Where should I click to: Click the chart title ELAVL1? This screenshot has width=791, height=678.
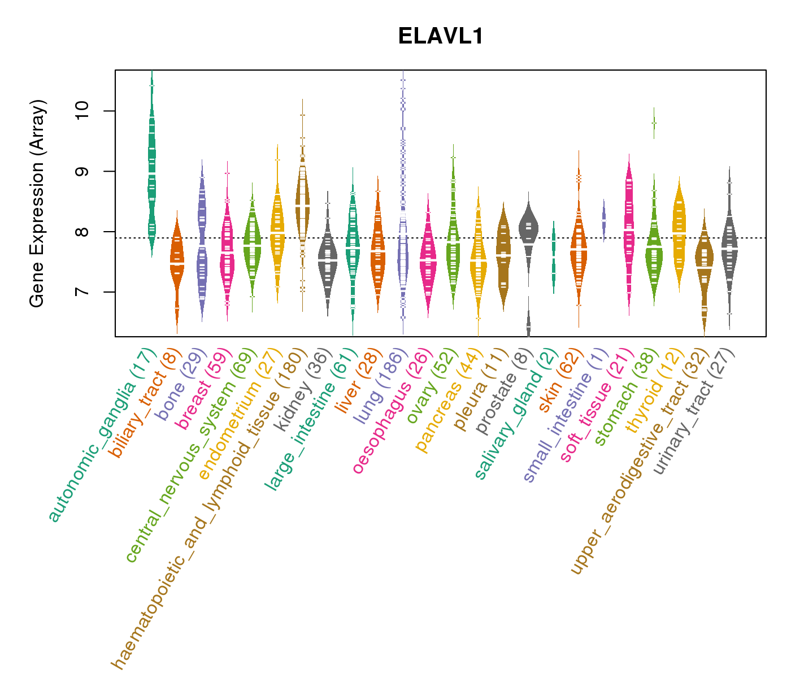point(440,36)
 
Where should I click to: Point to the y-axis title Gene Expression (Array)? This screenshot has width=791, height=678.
point(37,203)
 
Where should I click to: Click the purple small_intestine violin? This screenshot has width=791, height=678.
point(603,218)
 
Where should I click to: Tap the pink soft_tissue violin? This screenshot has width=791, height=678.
point(629,226)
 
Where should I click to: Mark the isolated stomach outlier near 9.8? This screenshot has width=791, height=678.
point(654,123)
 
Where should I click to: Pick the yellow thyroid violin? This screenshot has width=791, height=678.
point(679,232)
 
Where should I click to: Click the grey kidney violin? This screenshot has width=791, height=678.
point(327,260)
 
